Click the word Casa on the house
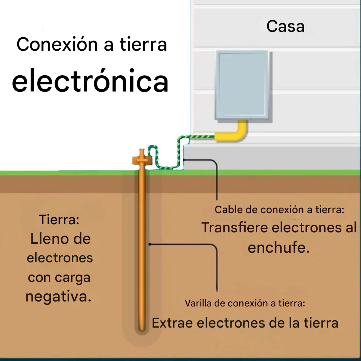coord(285,26)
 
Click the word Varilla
coord(199,303)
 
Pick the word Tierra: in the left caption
coord(59,220)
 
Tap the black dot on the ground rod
coord(149,243)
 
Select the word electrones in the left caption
coord(60,258)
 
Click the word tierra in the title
coord(143,45)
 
